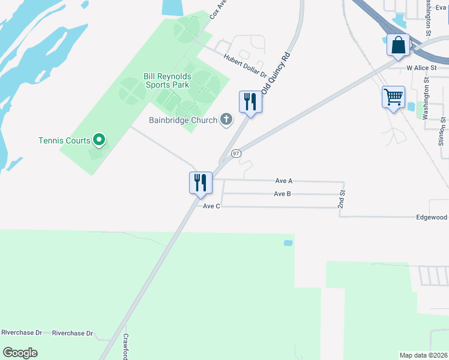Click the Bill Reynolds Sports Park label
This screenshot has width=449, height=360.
166,80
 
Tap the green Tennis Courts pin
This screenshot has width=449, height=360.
100,140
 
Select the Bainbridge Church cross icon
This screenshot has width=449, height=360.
226,120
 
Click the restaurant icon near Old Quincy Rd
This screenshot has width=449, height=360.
250,102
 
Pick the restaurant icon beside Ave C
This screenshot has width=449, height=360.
200,182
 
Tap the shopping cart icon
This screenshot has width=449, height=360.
393,97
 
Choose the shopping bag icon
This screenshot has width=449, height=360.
399,45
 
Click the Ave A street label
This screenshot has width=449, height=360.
283,180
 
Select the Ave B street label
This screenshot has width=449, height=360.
282,194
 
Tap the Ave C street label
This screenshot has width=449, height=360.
211,206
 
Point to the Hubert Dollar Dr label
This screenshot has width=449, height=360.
245,65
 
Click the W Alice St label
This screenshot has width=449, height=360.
420,68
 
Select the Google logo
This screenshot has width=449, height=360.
20,353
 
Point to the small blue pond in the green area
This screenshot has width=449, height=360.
288,243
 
